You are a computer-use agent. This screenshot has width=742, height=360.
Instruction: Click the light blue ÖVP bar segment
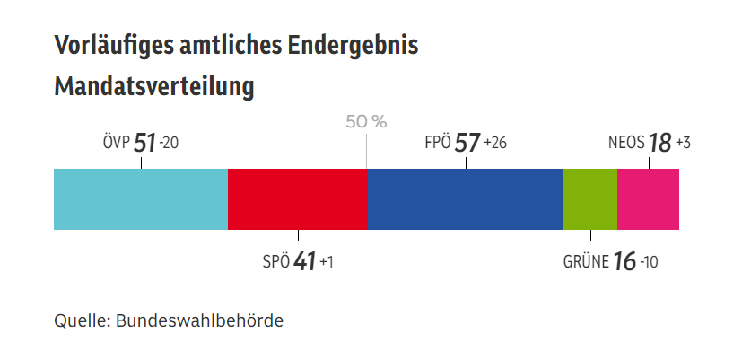(x=141, y=198)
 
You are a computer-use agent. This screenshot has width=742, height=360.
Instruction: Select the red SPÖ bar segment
(x=297, y=198)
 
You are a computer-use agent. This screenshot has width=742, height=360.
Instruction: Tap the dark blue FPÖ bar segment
(x=465, y=198)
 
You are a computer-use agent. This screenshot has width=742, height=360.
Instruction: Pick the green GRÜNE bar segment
(x=589, y=198)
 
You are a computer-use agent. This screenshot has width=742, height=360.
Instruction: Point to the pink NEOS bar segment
(x=648, y=198)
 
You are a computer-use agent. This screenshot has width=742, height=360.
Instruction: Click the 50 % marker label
(x=366, y=122)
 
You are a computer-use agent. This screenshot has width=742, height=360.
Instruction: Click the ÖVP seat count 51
(x=144, y=143)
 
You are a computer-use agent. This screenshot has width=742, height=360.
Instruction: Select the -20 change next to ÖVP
(x=170, y=144)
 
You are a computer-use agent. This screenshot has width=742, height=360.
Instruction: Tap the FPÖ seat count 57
(x=467, y=143)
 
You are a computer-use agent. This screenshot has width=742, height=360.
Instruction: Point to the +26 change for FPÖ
(x=494, y=144)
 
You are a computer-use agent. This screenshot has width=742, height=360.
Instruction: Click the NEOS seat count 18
(x=659, y=143)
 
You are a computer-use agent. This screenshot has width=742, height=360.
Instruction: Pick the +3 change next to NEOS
(x=683, y=144)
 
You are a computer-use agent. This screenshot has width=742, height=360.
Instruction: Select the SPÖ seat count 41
(x=305, y=262)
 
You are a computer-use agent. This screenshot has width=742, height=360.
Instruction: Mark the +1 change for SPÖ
(x=327, y=263)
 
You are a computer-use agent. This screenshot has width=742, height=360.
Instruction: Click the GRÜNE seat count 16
(x=624, y=262)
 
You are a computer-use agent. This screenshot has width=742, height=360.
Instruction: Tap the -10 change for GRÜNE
(x=649, y=263)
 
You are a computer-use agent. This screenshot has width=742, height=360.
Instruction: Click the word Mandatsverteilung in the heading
(x=154, y=87)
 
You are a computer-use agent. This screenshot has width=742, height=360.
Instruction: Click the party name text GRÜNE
(x=586, y=263)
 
